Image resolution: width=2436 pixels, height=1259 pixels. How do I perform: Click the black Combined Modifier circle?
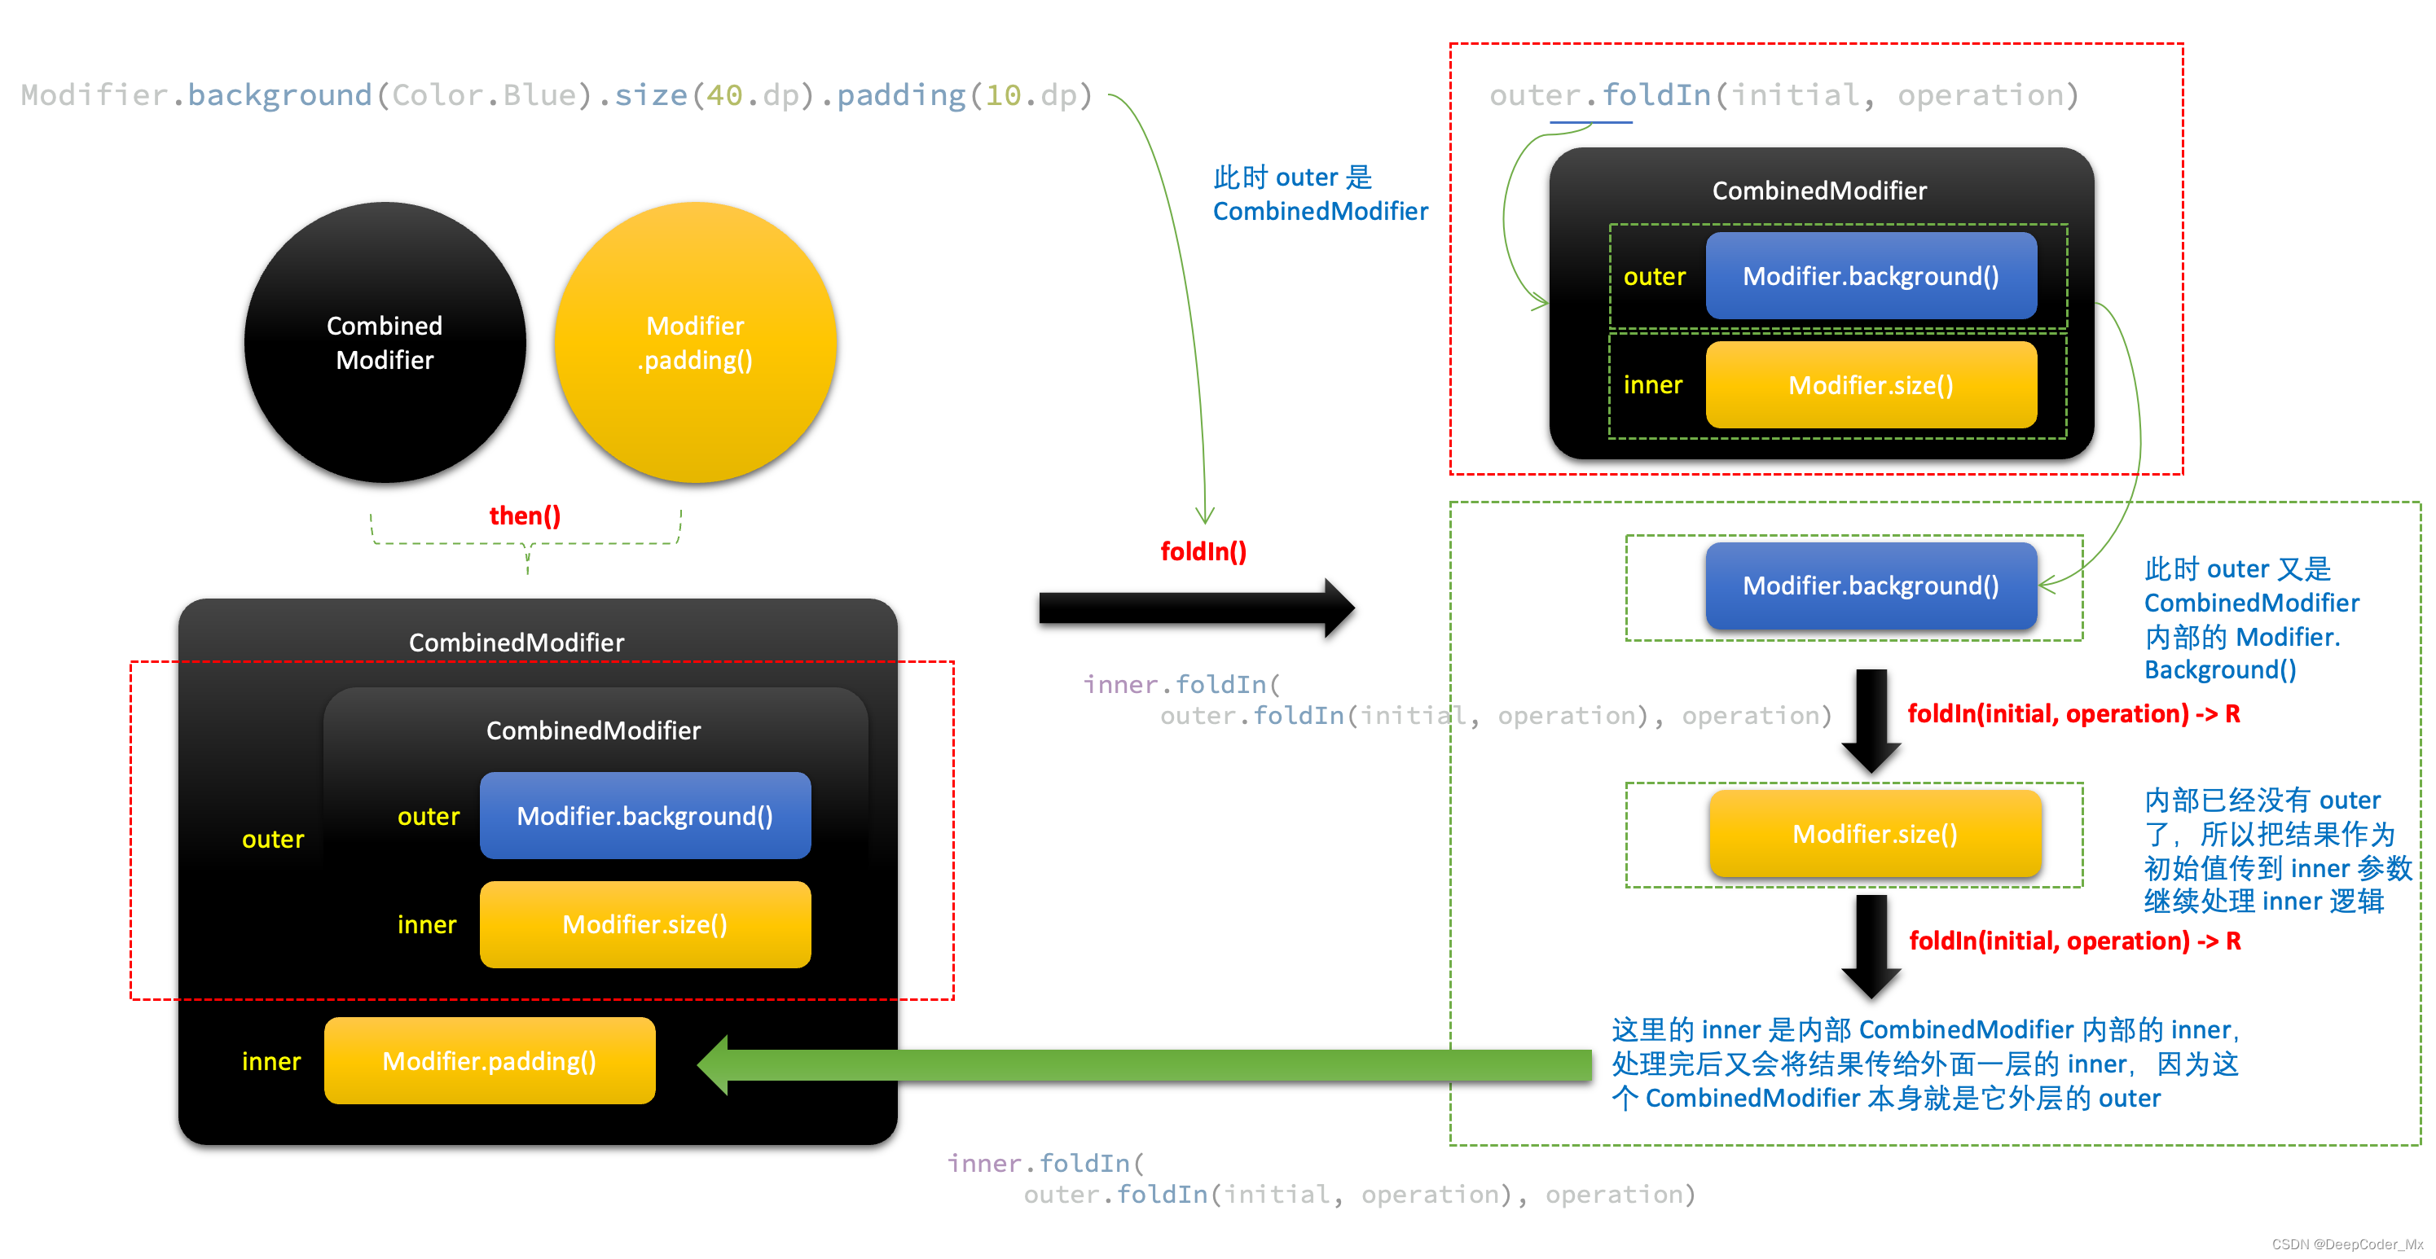click(385, 342)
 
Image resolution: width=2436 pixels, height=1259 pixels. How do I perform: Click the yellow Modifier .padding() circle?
click(695, 342)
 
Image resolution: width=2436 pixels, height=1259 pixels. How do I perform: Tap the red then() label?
click(525, 516)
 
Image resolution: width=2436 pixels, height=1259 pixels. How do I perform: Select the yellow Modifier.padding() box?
click(490, 1060)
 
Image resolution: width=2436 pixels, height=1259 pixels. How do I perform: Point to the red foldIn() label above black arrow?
click(1203, 551)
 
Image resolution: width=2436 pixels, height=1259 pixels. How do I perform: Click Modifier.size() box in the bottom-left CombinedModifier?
click(645, 924)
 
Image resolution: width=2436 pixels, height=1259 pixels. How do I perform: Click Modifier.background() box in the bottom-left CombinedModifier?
click(645, 816)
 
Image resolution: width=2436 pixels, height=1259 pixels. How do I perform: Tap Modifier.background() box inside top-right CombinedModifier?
click(1871, 276)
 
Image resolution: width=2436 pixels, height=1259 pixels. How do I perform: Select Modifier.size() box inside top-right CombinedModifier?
click(1871, 384)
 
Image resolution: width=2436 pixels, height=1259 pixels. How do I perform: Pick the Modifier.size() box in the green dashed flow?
click(1875, 834)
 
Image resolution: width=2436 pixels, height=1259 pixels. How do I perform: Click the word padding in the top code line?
click(900, 94)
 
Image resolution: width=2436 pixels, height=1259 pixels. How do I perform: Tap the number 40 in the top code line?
click(724, 94)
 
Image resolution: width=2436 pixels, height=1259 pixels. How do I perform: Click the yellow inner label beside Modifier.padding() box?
click(271, 1061)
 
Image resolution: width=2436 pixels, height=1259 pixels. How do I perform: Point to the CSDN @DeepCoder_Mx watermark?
click(2346, 1244)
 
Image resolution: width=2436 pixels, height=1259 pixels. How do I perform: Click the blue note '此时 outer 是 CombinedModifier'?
click(1319, 194)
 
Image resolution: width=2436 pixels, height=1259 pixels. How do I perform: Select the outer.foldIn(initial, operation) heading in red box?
click(1783, 94)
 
